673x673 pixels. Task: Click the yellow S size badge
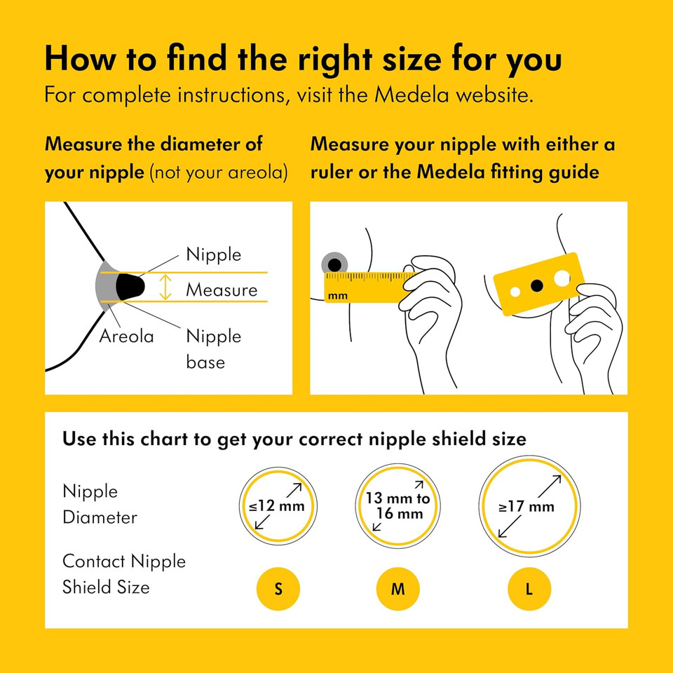pos(278,589)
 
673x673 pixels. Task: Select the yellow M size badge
pos(397,589)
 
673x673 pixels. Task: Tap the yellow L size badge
pos(529,589)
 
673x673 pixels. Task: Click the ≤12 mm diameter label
pos(278,506)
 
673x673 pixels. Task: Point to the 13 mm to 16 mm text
pos(397,506)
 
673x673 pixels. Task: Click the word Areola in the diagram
pos(126,336)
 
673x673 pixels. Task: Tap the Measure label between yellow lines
pos(222,290)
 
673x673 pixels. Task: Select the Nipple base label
pos(213,348)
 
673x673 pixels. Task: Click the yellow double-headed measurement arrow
pos(165,287)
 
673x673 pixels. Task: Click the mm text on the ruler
pos(337,296)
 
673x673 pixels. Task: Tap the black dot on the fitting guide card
pos(537,285)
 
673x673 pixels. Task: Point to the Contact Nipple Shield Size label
pos(124,574)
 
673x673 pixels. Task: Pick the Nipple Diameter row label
pos(100,505)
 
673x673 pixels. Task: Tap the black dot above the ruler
pos(334,264)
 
